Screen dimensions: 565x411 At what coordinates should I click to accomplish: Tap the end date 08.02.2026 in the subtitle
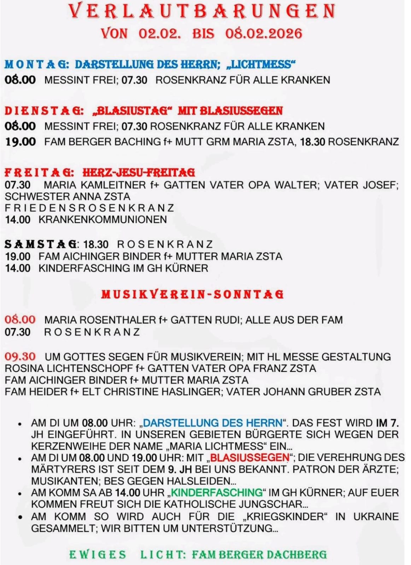tap(264, 34)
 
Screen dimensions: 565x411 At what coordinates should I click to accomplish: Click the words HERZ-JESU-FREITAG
tap(139, 172)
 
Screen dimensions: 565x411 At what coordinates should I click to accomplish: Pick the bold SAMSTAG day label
tap(41, 244)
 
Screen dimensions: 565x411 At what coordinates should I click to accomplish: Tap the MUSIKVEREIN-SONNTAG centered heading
tap(193, 295)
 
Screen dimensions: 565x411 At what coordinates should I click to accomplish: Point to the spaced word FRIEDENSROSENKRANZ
tap(89, 208)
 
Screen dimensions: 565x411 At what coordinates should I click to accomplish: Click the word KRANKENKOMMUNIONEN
tap(102, 220)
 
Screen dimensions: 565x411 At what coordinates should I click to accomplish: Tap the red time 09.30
tap(20, 357)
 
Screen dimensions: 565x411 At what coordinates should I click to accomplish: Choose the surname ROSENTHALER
tap(118, 320)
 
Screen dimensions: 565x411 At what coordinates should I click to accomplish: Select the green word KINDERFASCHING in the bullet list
tap(217, 493)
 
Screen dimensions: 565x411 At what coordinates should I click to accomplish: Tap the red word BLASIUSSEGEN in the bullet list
tap(249, 458)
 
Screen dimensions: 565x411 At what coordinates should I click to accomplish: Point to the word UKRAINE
tap(376, 516)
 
